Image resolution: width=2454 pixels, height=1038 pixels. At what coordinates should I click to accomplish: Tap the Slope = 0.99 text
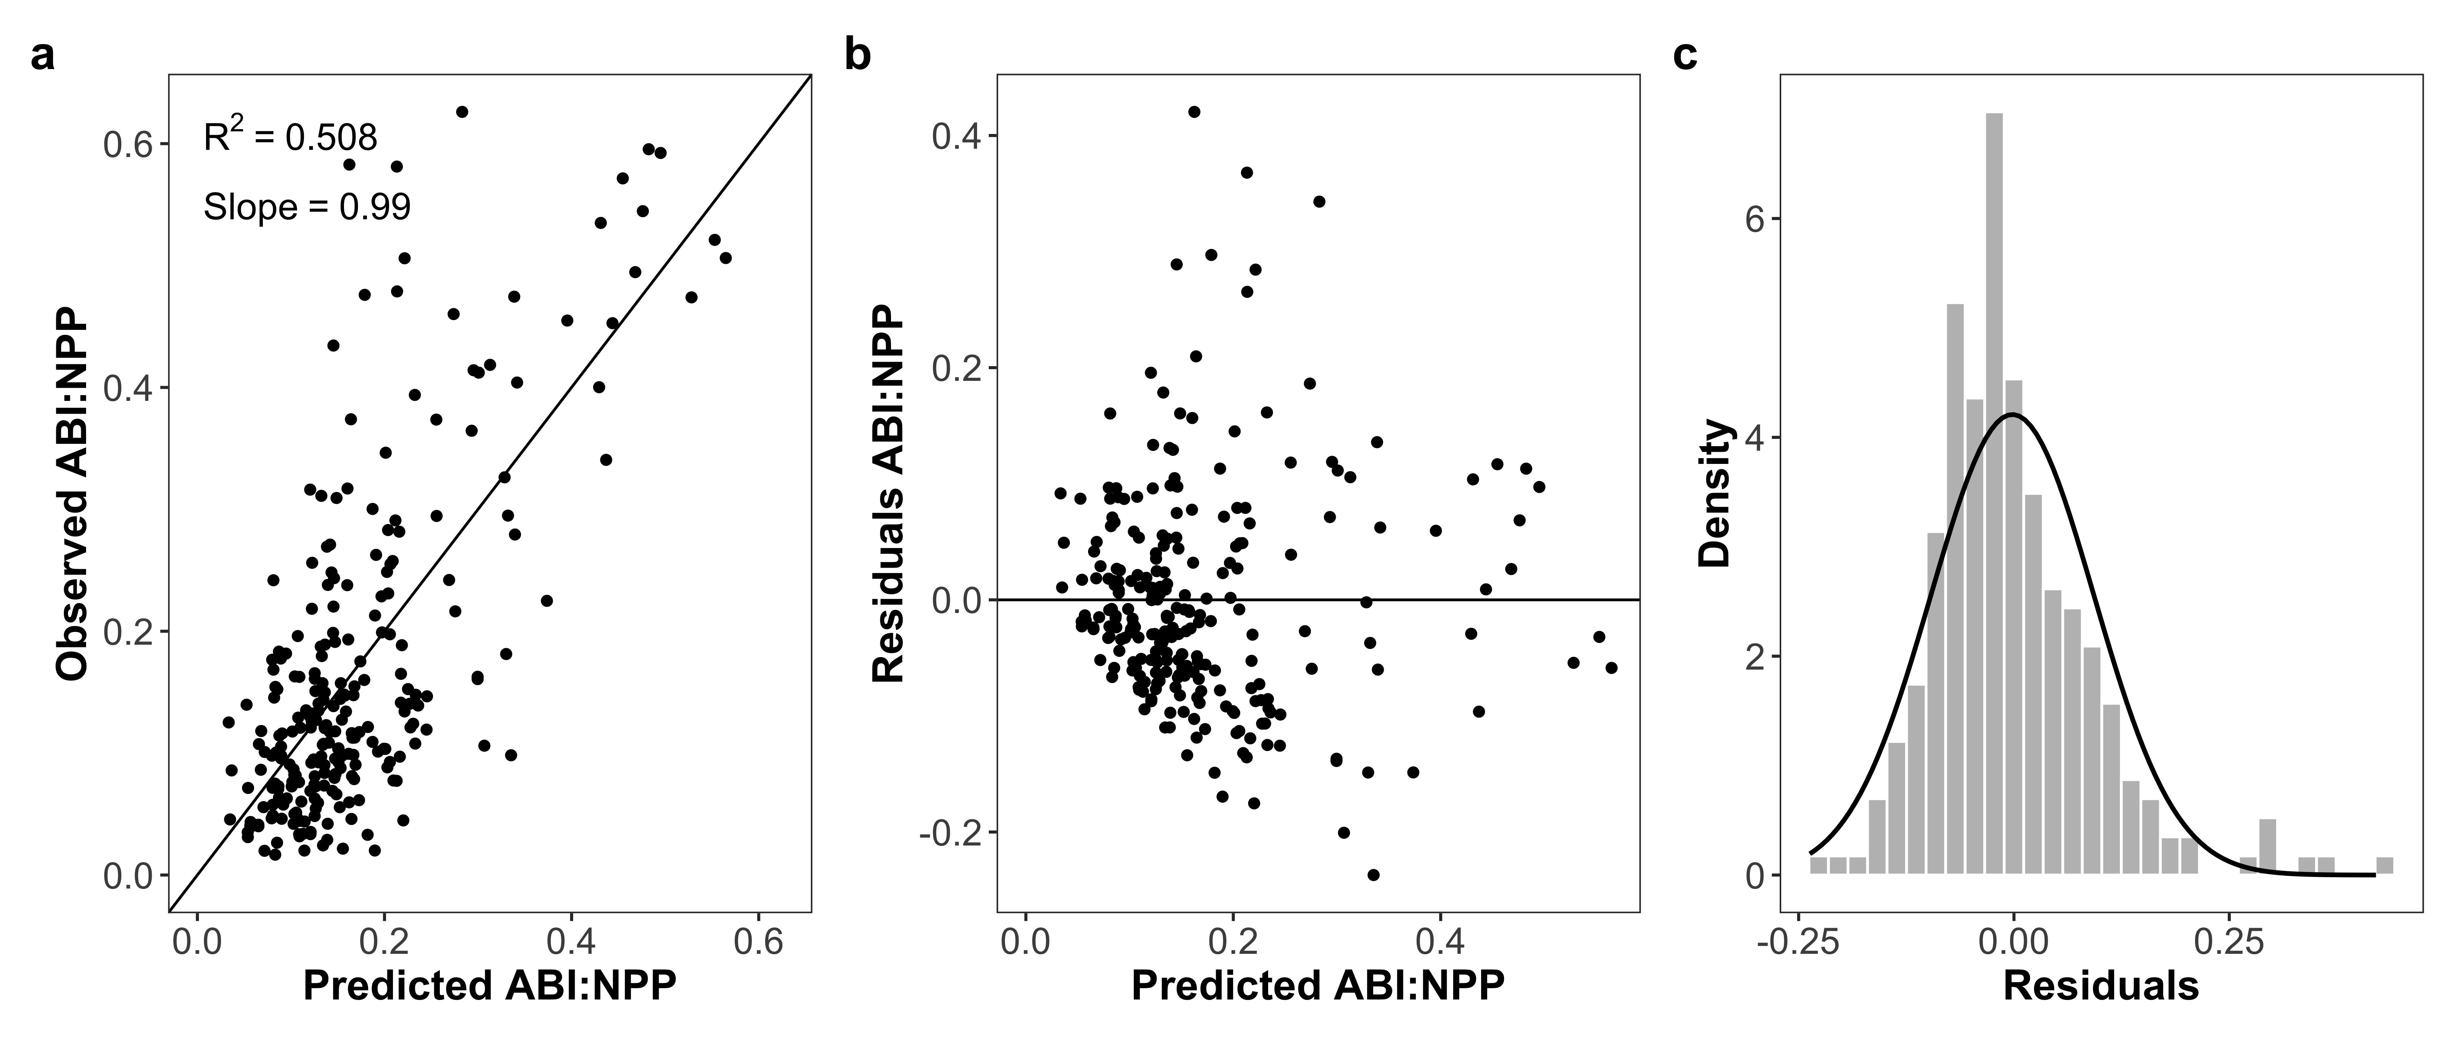[307, 206]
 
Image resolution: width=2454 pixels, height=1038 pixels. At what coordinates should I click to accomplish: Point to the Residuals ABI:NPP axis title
[888, 493]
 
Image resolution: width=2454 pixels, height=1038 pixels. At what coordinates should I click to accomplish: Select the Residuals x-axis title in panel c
[2101, 986]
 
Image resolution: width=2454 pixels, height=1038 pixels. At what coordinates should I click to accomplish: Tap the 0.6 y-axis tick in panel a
[129, 145]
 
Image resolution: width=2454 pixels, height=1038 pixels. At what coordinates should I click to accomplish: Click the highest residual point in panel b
[1194, 111]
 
